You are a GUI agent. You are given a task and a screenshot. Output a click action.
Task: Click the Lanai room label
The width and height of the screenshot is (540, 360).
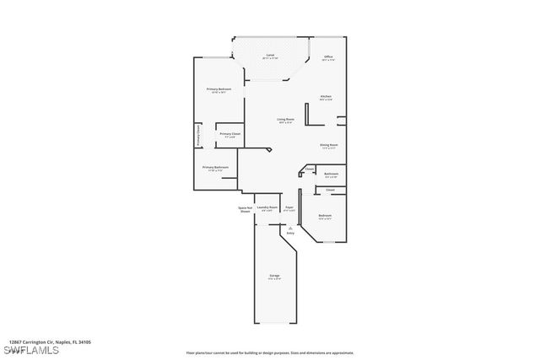coord(269,55)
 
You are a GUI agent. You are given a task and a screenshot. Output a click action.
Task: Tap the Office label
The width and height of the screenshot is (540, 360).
coord(328,56)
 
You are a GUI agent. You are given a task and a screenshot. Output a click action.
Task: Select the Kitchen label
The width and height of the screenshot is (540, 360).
coord(325,96)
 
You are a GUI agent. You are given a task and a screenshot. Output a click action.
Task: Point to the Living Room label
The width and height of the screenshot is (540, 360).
coord(285,120)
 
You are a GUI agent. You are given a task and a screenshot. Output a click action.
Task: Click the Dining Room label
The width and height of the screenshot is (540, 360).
coord(328,145)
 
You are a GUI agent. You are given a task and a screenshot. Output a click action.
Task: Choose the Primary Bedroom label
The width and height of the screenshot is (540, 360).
coord(219,89)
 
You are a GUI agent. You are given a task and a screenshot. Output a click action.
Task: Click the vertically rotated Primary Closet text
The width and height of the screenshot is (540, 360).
coord(199,136)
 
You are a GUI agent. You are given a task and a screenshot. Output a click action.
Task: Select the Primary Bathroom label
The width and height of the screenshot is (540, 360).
coord(215,167)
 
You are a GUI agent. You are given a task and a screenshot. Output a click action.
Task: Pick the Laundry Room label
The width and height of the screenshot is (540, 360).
coord(267,207)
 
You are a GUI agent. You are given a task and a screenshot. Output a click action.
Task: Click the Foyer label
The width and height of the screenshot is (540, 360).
coord(289,207)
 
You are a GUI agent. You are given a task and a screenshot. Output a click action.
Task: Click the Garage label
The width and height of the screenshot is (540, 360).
coord(274,276)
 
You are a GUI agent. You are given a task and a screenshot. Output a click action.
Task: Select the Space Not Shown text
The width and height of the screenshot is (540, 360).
coord(245,209)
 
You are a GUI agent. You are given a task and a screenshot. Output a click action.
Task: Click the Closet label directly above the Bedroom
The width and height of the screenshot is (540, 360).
coord(330,190)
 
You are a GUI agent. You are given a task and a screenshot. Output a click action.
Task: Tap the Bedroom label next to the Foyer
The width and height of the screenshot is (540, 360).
coord(325,216)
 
